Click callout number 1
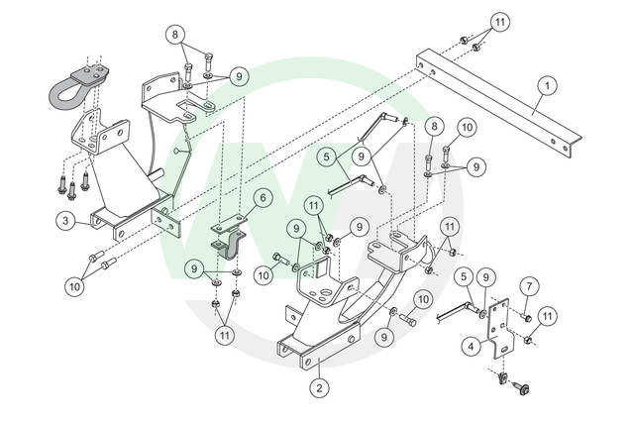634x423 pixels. coord(544,86)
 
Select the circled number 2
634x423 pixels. coord(318,388)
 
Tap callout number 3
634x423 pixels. coord(64,222)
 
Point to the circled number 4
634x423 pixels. coord(473,346)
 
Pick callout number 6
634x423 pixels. coord(262,198)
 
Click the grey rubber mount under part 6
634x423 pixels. coord(226,248)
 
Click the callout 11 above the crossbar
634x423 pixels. coord(499,22)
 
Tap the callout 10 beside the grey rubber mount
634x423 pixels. coord(262,273)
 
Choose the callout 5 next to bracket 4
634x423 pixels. coord(464,279)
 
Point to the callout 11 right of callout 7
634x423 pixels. coord(549,315)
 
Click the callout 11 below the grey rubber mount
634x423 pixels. coord(225,336)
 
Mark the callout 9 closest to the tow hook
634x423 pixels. coord(238,75)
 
